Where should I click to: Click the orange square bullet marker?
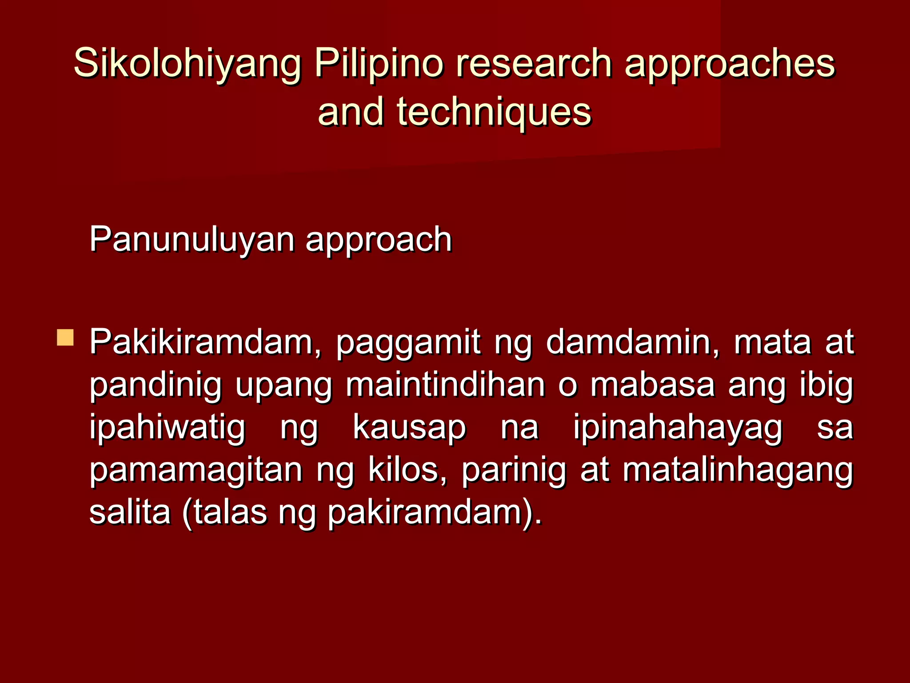(x=65, y=337)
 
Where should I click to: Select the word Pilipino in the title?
(x=379, y=64)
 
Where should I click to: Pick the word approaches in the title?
(x=730, y=64)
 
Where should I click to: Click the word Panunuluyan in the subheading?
(x=192, y=240)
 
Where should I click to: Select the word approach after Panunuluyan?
(x=379, y=240)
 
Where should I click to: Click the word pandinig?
(x=155, y=385)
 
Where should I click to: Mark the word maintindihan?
(x=446, y=385)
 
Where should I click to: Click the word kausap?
(x=409, y=427)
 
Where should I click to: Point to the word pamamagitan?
(x=196, y=470)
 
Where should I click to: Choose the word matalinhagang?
(x=738, y=470)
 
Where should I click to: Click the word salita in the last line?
(x=130, y=513)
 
